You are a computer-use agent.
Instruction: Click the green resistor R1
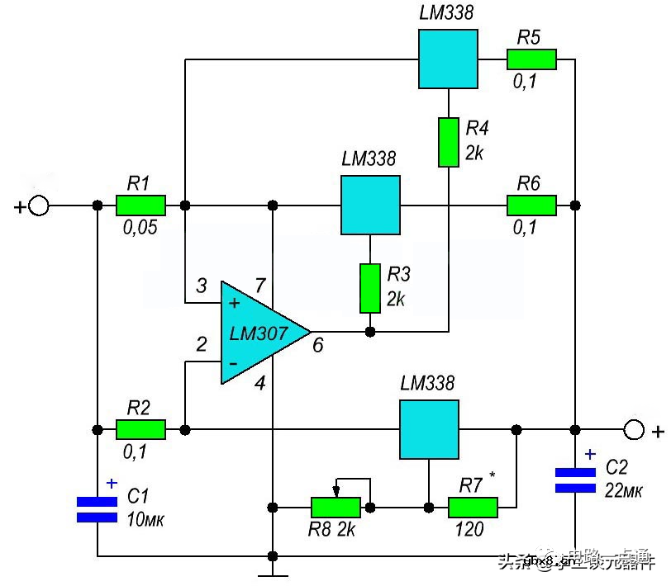140,205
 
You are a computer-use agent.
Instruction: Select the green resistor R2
140,429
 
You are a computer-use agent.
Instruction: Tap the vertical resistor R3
369,289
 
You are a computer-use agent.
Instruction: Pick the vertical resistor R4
448,142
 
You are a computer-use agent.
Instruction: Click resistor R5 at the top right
531,59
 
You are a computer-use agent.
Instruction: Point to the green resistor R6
531,205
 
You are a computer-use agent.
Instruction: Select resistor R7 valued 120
473,506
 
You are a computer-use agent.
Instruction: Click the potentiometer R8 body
335,506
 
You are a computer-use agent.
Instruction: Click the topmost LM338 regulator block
448,59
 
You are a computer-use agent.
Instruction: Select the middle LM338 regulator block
370,205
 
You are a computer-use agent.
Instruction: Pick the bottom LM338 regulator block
429,429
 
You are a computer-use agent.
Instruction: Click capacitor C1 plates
98,509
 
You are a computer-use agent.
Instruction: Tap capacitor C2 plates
574,480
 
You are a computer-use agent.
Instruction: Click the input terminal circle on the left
38,206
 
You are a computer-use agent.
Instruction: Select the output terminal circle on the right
633,429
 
